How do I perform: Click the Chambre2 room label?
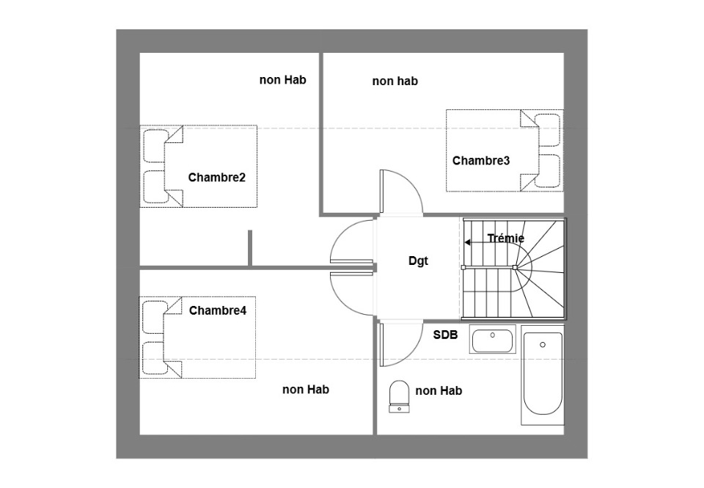217,178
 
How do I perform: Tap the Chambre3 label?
481,161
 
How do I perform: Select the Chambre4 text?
218,310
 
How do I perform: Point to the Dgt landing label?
419,261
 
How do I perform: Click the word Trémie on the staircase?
506,238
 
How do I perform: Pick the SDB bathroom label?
445,335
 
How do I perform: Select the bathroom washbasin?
493,340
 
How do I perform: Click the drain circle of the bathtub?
543,345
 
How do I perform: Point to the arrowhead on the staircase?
467,243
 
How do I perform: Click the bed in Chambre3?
505,150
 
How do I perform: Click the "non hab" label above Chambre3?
395,81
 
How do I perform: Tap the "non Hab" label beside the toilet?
439,391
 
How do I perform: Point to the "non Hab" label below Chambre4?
306,390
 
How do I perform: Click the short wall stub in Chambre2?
250,248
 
